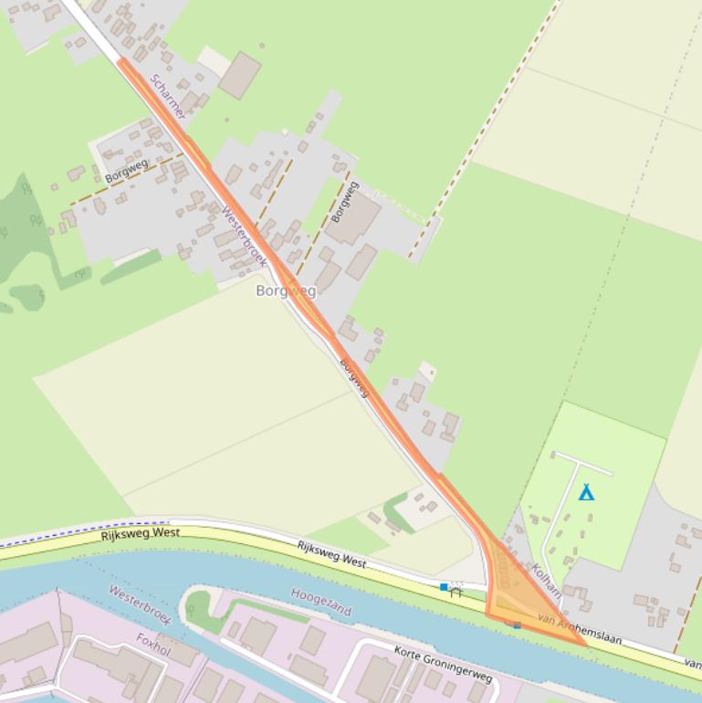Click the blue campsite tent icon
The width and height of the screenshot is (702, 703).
(x=586, y=492)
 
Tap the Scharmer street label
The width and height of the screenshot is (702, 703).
(x=169, y=97)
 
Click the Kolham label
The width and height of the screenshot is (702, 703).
(x=546, y=581)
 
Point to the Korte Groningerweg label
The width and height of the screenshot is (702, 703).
(x=444, y=665)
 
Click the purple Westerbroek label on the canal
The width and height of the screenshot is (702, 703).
(x=140, y=603)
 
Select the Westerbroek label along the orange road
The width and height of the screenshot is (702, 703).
(x=244, y=236)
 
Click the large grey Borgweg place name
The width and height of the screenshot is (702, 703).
(x=286, y=291)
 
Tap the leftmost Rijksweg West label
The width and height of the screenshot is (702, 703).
(x=141, y=533)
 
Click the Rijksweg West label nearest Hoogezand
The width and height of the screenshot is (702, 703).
(x=331, y=554)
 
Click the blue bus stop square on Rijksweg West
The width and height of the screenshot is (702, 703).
(x=444, y=587)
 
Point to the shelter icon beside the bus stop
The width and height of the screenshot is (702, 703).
(x=456, y=591)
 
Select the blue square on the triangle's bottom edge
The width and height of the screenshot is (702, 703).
(x=517, y=625)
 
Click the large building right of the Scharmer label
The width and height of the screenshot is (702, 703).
(x=239, y=76)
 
